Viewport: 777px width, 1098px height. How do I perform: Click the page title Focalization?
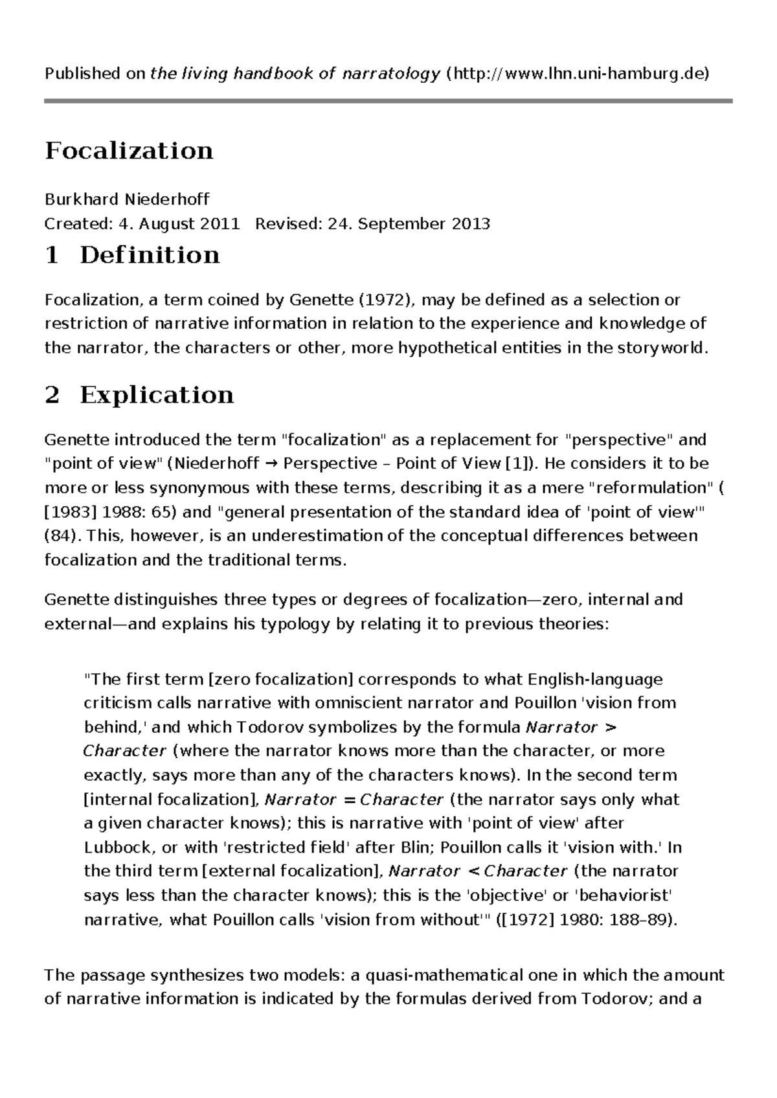tap(128, 151)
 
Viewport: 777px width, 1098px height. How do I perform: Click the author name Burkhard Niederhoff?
tap(127, 199)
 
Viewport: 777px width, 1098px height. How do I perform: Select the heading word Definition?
tap(150, 255)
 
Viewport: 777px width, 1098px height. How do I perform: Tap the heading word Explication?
tap(157, 395)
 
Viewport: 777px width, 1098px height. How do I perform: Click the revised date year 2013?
tap(471, 224)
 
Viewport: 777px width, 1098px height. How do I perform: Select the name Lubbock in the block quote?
tap(113, 847)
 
